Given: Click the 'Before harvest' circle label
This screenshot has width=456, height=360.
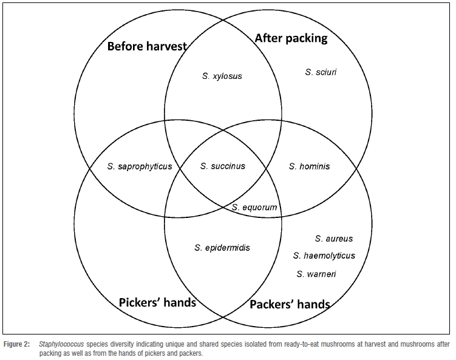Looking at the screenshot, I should click(147, 46).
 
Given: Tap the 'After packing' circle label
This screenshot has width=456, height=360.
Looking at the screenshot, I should click(291, 38).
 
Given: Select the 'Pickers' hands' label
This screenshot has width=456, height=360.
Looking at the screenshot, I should click(157, 301).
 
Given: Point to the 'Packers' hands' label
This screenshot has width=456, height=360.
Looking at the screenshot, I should click(290, 304).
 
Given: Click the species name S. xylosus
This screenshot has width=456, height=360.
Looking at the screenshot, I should click(222, 76).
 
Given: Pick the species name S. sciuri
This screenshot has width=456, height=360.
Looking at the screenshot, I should click(321, 72).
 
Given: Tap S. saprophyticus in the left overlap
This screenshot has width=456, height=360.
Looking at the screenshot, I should click(140, 166).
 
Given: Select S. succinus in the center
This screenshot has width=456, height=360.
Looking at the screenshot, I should click(223, 166).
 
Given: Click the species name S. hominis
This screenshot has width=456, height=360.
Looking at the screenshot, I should click(310, 166).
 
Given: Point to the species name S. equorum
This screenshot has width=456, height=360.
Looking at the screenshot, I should click(254, 208).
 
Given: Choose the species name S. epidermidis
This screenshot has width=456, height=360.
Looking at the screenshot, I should click(222, 248).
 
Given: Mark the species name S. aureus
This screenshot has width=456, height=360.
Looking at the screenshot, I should click(333, 239).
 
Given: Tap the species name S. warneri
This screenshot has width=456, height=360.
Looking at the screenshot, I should click(316, 274).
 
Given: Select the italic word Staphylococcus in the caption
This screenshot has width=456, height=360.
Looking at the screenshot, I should click(61, 344).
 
